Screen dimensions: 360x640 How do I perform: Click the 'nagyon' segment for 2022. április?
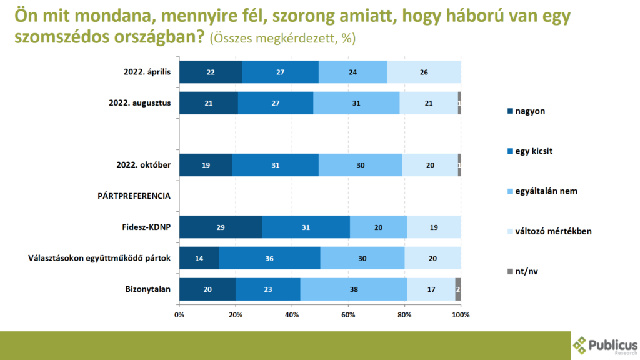click(211, 72)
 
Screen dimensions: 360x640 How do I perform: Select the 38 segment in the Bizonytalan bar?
click(354, 290)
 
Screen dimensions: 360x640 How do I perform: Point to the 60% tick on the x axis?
click(348, 314)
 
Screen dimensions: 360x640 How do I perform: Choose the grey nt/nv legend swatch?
click(510, 271)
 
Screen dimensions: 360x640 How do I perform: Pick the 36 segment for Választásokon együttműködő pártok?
click(269, 258)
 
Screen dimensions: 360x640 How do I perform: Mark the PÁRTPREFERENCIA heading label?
click(134, 196)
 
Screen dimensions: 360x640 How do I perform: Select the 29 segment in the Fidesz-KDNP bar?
click(221, 227)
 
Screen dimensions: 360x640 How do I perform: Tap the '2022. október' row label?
click(144, 165)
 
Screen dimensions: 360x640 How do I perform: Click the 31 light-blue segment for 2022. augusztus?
click(356, 103)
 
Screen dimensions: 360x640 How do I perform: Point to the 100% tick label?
click(461, 314)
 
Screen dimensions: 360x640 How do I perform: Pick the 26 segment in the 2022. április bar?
click(424, 72)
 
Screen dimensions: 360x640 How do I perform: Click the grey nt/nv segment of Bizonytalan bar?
click(458, 290)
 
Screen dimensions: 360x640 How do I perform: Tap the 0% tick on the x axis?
click(179, 314)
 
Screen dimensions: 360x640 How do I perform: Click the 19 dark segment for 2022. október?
click(206, 165)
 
